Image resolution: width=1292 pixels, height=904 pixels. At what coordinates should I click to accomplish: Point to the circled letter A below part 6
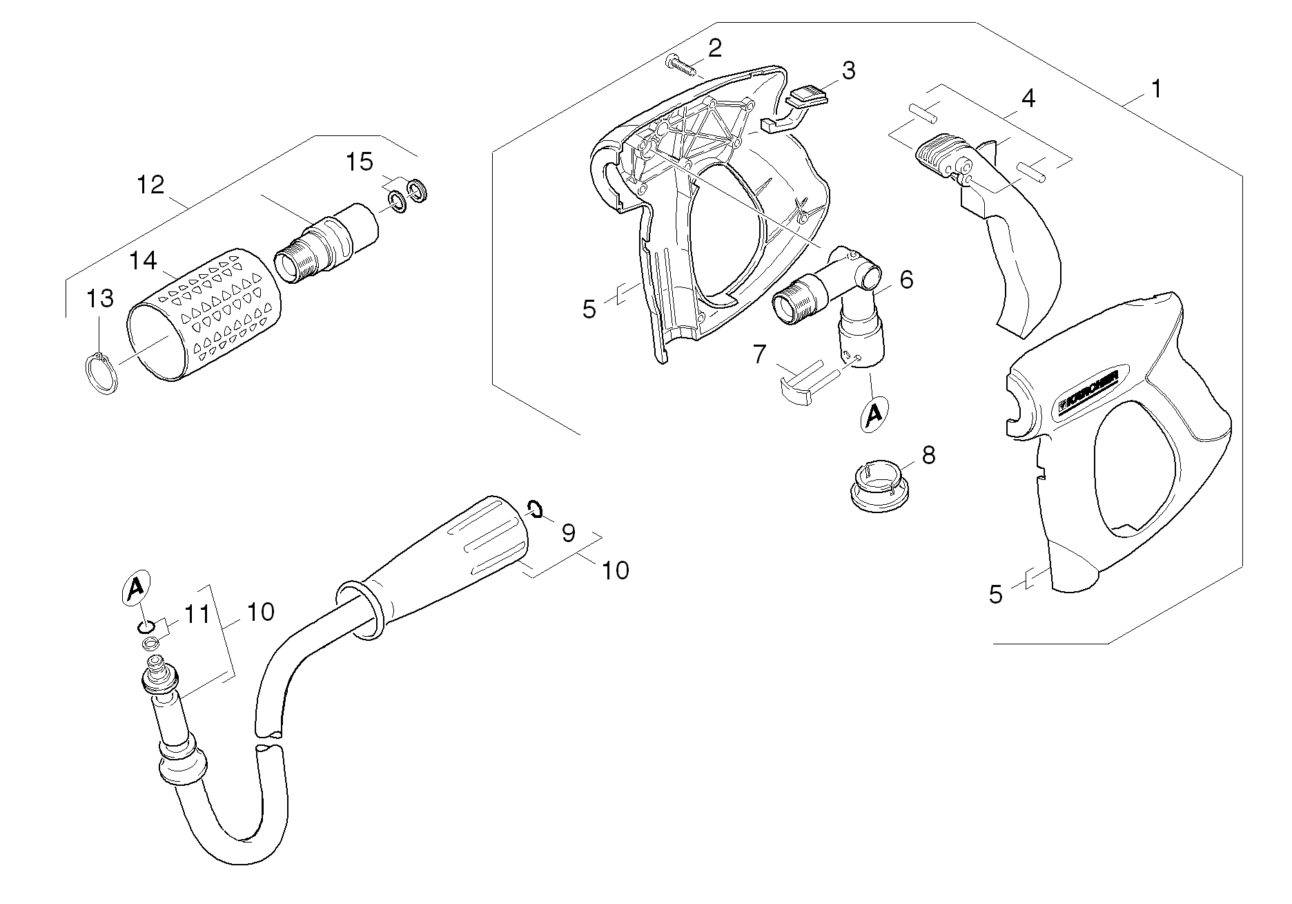[x=873, y=414]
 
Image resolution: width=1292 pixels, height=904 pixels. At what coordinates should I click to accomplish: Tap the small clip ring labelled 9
[x=536, y=510]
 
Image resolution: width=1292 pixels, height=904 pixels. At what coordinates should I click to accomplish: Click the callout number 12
[x=150, y=184]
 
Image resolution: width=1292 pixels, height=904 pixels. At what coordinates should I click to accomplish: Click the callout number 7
[x=759, y=354]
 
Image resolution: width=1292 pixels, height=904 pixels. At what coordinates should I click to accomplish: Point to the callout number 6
[x=906, y=280]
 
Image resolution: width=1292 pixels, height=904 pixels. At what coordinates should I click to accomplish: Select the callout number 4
[x=1028, y=99]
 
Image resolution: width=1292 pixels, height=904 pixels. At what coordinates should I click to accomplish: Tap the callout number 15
[x=360, y=162]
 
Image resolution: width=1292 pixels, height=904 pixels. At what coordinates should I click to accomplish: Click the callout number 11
[x=196, y=615]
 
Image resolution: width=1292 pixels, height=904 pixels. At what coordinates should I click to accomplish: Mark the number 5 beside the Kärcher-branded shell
[x=995, y=595]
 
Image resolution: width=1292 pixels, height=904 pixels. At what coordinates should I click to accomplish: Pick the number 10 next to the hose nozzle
[x=615, y=570]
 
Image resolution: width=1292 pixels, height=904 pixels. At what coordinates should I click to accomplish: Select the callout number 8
[x=928, y=455]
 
